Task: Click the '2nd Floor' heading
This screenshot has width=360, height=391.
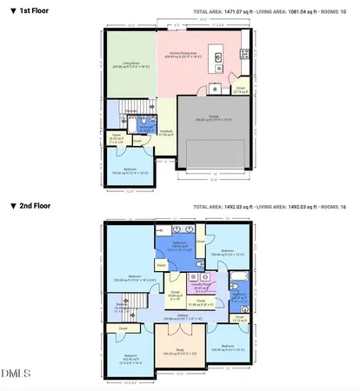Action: (x=32, y=206)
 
